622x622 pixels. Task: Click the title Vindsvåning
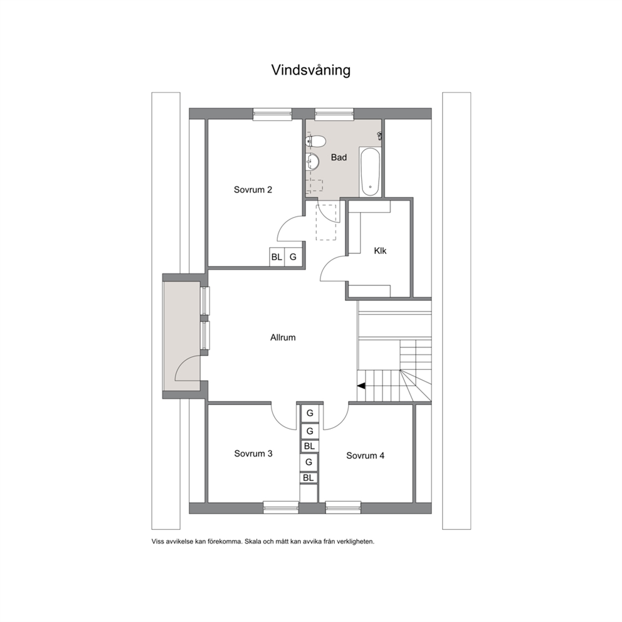pyautogui.click(x=310, y=70)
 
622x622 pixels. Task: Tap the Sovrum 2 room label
pyautogui.click(x=253, y=189)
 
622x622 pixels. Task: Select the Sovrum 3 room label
pyautogui.click(x=253, y=453)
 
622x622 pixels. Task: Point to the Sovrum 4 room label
pyautogui.click(x=365, y=455)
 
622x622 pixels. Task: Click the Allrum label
pyautogui.click(x=283, y=337)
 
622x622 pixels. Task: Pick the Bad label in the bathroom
pyautogui.click(x=339, y=157)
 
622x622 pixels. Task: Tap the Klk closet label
pyautogui.click(x=380, y=251)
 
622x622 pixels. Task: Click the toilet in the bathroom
pyautogui.click(x=316, y=141)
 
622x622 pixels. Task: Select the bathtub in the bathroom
pyautogui.click(x=371, y=171)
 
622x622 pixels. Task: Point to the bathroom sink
pyautogui.click(x=313, y=161)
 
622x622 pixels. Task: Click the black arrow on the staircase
pyautogui.click(x=361, y=386)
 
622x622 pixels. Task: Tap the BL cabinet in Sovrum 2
pyautogui.click(x=277, y=257)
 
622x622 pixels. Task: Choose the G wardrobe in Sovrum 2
pyautogui.click(x=293, y=257)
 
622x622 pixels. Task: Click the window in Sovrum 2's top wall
pyautogui.click(x=272, y=114)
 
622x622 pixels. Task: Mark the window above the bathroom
pyautogui.click(x=334, y=114)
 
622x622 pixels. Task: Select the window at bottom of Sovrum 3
pyautogui.click(x=281, y=507)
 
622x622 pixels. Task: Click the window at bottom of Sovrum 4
pyautogui.click(x=343, y=507)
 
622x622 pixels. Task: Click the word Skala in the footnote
pyautogui.click(x=253, y=542)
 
